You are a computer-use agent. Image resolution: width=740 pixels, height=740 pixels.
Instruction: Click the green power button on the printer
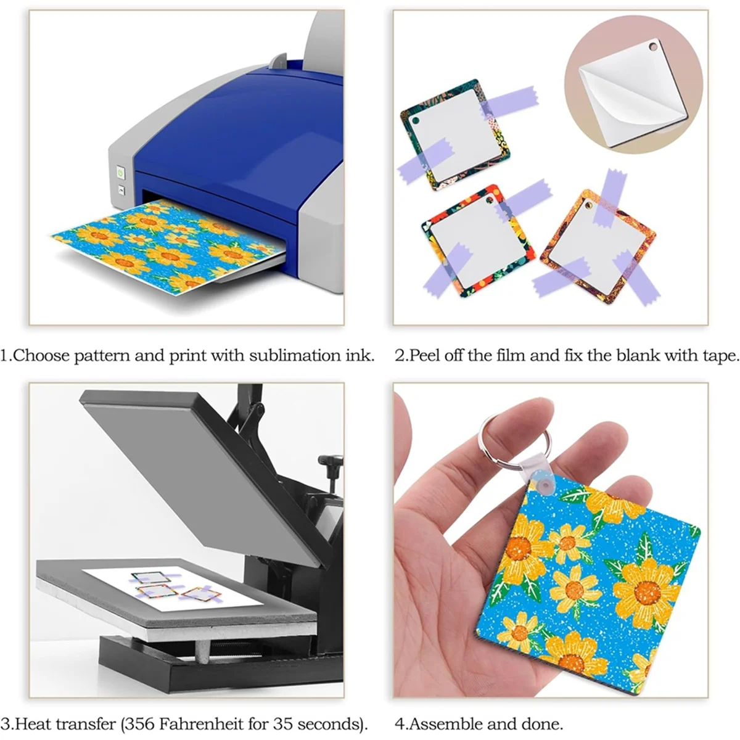coord(121,175)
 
